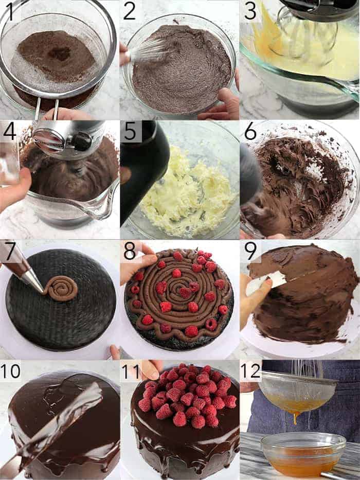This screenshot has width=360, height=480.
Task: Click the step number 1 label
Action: pos(10,11)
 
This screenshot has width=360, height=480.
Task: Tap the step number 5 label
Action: pos(131,132)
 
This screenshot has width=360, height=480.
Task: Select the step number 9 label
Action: pos(251,251)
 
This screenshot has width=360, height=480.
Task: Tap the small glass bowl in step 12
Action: pos(303,455)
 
